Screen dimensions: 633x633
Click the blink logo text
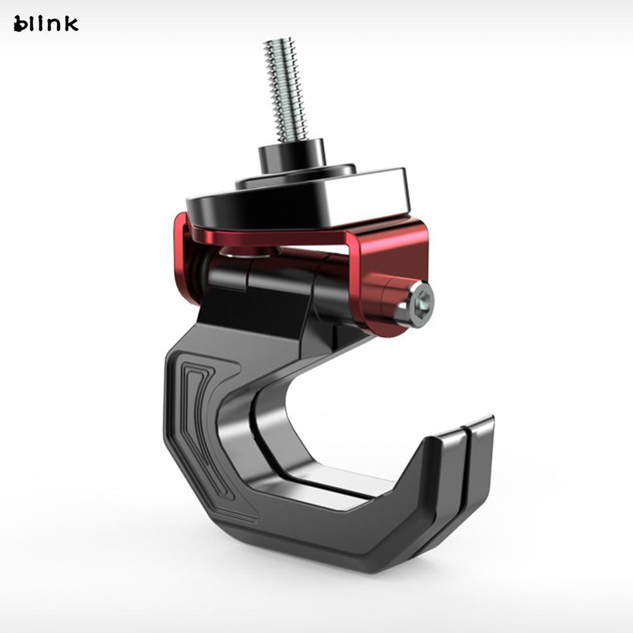46,24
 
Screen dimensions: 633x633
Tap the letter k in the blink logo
70,23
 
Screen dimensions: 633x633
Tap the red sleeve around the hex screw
386,297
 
